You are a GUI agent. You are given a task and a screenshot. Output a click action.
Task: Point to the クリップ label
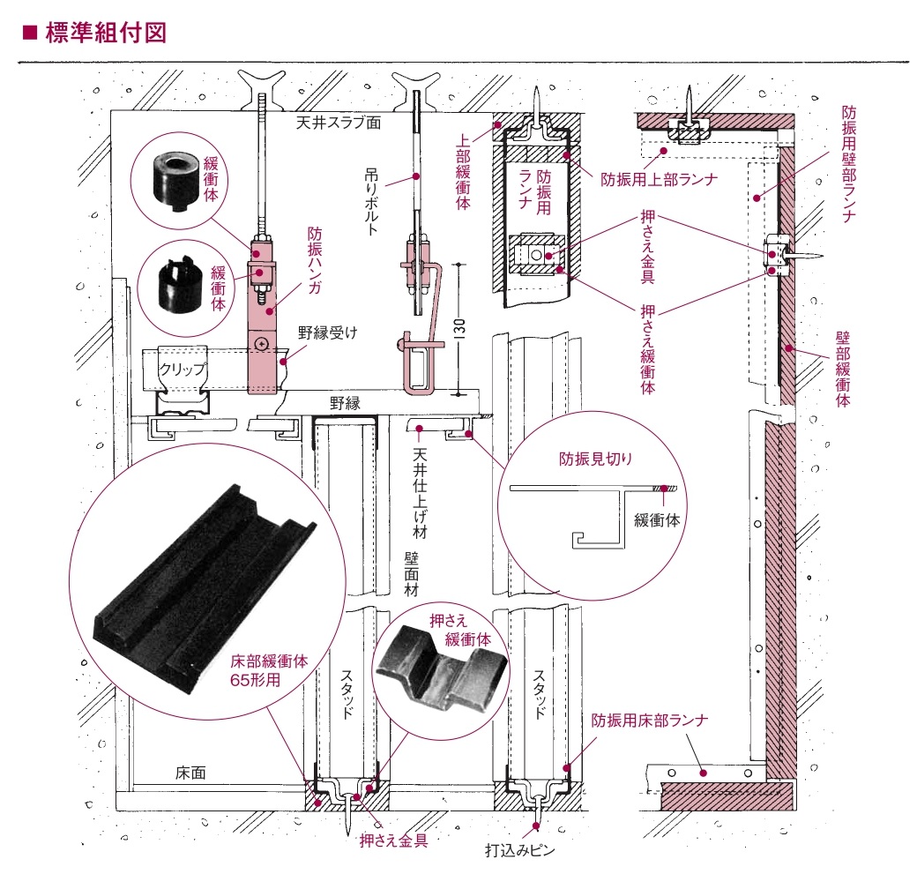point(183,369)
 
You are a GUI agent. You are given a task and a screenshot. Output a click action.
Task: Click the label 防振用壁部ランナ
point(848,164)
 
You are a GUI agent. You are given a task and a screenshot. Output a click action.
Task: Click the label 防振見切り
point(596,459)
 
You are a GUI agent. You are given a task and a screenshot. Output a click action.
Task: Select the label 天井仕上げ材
point(420,495)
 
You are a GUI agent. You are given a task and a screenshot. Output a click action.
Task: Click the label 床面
point(190,773)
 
